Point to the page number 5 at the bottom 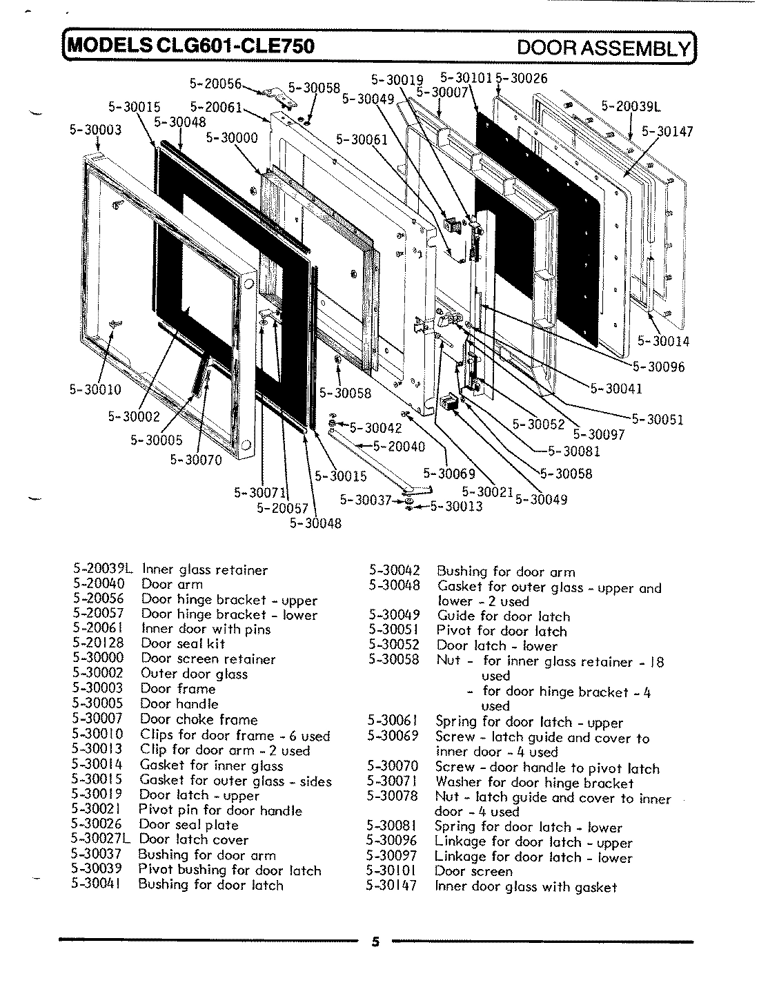click(375, 943)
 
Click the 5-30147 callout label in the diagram click(667, 131)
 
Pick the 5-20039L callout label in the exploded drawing click(631, 106)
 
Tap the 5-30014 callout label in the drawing click(663, 341)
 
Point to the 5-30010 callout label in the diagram click(95, 389)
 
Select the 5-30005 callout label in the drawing click(157, 440)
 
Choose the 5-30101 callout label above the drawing click(466, 78)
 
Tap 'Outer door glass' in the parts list click(194, 674)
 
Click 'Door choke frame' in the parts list click(199, 719)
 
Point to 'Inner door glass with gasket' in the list click(526, 887)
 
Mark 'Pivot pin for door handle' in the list click(220, 810)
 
